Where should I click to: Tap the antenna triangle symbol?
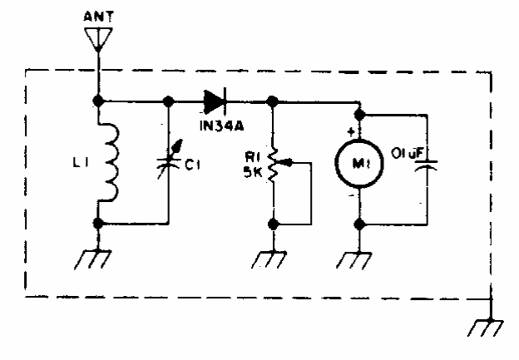pos(98,37)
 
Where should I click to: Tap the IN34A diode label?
pos(218,126)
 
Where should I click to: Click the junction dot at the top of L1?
pos(98,101)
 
